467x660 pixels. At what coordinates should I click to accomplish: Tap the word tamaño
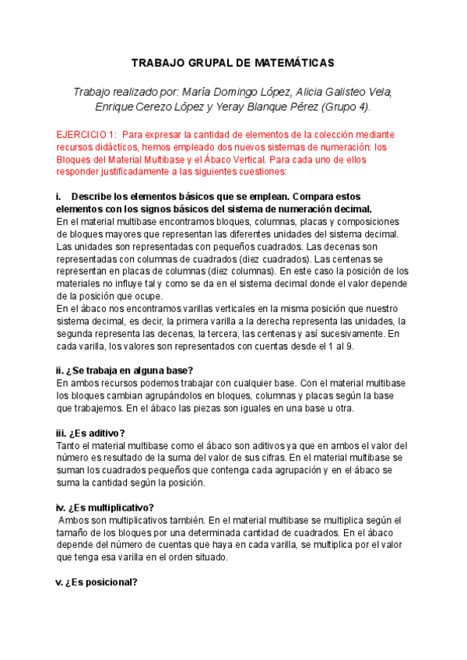click(76, 532)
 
